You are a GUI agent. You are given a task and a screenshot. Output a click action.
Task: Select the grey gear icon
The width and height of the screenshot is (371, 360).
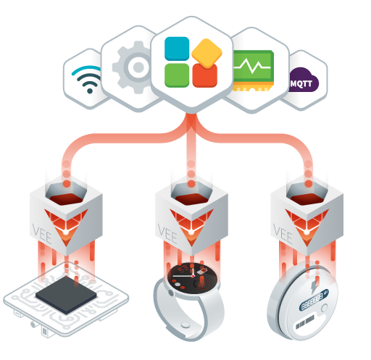133,67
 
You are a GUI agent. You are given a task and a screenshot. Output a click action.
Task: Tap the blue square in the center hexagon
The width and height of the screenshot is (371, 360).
177,49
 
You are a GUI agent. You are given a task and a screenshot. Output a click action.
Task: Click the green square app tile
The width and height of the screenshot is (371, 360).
177,75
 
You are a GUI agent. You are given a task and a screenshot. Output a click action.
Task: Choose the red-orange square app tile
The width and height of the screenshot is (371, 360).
205,76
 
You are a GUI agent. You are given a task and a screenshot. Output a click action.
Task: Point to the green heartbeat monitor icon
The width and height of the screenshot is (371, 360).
253,70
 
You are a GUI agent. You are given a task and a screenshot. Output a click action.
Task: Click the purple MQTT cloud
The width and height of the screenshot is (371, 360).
304,80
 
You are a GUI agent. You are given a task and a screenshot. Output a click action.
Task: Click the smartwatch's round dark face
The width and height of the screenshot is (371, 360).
192,278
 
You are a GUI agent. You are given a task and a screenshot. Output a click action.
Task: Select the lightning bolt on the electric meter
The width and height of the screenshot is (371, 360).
314,287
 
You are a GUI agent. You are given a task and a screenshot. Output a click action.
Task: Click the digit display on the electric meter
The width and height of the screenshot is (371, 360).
314,300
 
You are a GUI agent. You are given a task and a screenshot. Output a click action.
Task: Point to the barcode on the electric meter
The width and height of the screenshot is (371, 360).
305,322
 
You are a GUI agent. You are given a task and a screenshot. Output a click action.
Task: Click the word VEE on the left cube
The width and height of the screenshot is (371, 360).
42,234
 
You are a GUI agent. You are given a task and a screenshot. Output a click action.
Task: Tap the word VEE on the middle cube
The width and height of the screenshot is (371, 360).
167,234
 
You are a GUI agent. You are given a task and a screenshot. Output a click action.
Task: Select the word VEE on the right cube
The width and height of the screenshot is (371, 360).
283,234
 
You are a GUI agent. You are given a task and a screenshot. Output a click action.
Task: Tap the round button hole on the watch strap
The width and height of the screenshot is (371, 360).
185,325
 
